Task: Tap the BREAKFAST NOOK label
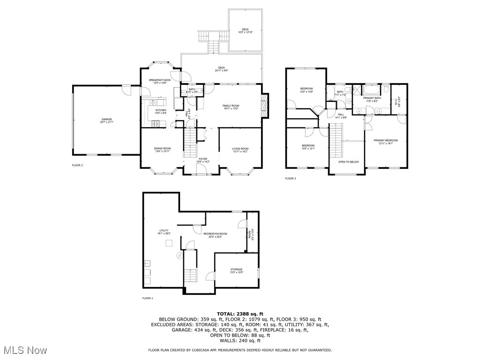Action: (x=160, y=81)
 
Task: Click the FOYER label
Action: (x=202, y=159)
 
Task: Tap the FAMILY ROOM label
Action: (x=231, y=106)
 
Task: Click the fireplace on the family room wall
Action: (x=264, y=106)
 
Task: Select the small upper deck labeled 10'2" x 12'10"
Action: (x=245, y=30)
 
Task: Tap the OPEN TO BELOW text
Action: (x=348, y=162)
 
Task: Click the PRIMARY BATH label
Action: (x=371, y=98)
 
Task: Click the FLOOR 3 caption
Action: (x=291, y=178)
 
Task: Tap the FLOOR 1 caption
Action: (x=148, y=298)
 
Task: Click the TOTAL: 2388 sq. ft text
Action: (x=240, y=314)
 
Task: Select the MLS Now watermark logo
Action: (x=23, y=350)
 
